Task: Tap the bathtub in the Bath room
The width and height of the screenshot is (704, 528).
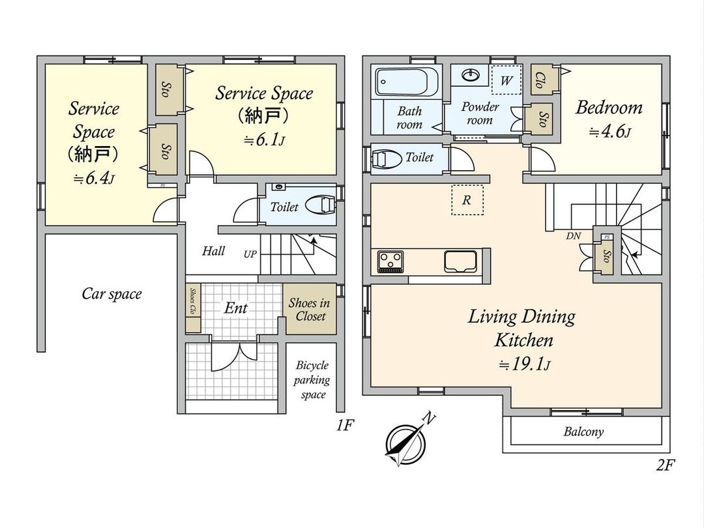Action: (407, 81)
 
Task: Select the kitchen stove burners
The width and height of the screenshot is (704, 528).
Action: (390, 261)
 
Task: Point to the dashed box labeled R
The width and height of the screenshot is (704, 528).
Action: (467, 200)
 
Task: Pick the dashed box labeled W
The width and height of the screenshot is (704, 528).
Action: (506, 80)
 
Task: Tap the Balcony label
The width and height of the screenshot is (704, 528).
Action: (583, 432)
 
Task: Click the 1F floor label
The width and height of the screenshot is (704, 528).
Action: (345, 425)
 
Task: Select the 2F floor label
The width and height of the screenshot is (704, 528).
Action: (666, 465)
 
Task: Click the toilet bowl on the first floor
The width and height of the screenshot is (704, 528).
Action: (320, 205)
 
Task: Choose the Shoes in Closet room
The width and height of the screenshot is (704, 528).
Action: (310, 309)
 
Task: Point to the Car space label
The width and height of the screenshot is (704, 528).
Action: (112, 293)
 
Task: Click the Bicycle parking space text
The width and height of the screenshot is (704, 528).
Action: (312, 380)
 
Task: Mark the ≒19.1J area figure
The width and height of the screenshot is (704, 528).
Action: (524, 364)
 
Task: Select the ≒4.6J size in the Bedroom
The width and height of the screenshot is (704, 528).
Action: (609, 132)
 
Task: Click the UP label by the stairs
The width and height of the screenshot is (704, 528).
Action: (250, 254)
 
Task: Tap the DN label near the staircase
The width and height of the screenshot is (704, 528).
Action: (574, 236)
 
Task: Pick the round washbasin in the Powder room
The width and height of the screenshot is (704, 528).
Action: (469, 75)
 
